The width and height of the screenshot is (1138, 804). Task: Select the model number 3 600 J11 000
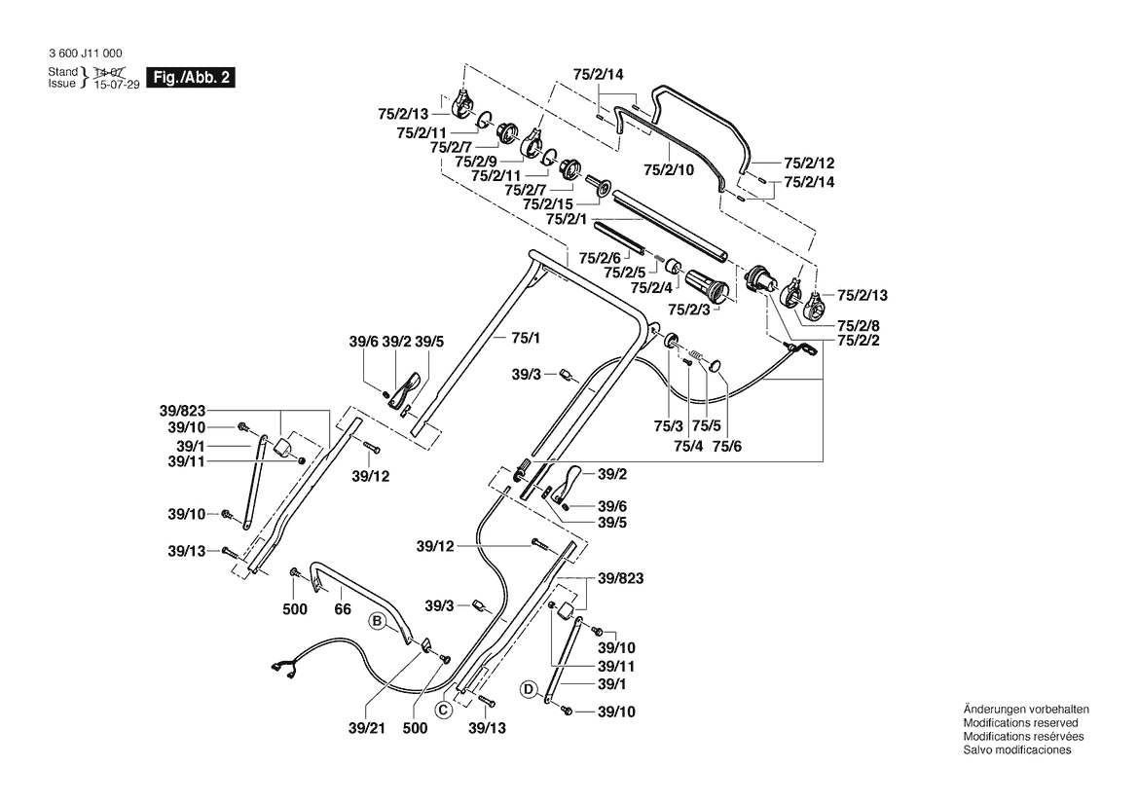85,54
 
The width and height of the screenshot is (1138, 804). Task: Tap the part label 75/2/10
668,169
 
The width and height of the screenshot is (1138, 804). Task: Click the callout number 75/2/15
548,204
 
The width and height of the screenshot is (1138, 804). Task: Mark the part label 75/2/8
859,325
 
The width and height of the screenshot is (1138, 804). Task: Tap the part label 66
342,609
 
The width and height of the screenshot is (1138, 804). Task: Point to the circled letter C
443,710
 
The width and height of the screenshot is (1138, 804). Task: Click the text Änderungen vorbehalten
1025,710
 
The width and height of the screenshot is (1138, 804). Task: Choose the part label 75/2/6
600,258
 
